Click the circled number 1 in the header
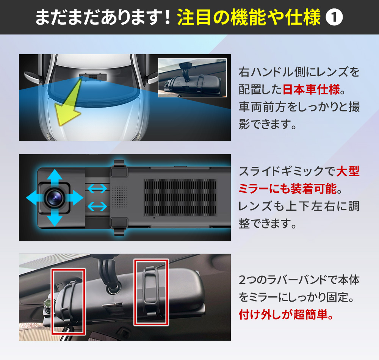tap(334, 17)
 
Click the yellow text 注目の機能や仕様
tap(249, 17)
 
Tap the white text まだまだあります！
tap(103, 17)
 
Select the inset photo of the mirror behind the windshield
tap(193, 78)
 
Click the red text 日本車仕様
tap(311, 89)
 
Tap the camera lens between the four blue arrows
tap(55, 198)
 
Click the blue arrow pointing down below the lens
tap(55, 218)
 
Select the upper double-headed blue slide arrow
tap(97, 188)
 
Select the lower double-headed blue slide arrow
tap(97, 207)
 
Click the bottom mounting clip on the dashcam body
tap(119, 226)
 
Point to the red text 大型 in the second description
tap(348, 171)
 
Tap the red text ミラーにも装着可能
tap(288, 189)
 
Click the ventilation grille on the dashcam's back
tap(180, 198)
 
